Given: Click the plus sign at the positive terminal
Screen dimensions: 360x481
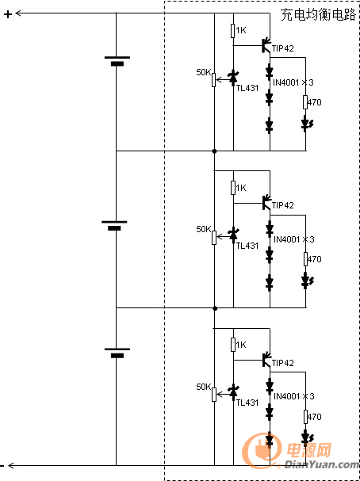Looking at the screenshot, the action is (x=8, y=14).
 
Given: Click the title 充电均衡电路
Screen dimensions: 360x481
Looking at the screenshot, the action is (x=318, y=15).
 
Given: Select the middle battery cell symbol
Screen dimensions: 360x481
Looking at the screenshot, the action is (x=114, y=226).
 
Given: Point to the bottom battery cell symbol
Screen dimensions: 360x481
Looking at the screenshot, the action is (x=117, y=353).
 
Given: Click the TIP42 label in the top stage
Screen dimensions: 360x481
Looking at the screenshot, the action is (x=282, y=48).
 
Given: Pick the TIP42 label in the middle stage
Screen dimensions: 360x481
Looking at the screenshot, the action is (x=282, y=205).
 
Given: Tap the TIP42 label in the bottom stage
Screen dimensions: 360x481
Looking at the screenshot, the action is (x=282, y=363).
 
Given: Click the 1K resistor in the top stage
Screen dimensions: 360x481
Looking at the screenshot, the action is (x=233, y=31).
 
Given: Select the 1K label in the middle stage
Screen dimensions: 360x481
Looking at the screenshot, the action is (x=241, y=188).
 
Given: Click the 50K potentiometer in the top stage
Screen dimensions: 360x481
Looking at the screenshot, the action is (x=213, y=80).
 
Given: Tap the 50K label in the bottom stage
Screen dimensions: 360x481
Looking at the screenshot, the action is (x=204, y=387).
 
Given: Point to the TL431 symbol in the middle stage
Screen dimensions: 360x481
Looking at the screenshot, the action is (x=233, y=234).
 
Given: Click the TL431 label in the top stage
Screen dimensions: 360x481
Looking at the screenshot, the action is (x=247, y=88).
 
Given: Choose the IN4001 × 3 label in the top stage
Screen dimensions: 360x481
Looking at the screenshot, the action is (x=293, y=82).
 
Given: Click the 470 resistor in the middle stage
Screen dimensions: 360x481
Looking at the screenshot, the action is (x=305, y=259).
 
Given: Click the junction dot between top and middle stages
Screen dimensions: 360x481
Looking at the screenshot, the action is (x=215, y=151).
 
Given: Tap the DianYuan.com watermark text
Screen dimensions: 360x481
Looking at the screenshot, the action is (x=321, y=464).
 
